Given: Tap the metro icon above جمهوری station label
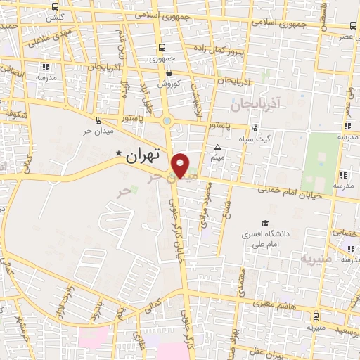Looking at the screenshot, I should pos(162,48).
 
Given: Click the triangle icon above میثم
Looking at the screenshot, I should pos(217,147).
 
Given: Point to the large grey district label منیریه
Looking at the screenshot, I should pos(316,258).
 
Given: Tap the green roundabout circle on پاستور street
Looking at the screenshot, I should pos(167,120).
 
